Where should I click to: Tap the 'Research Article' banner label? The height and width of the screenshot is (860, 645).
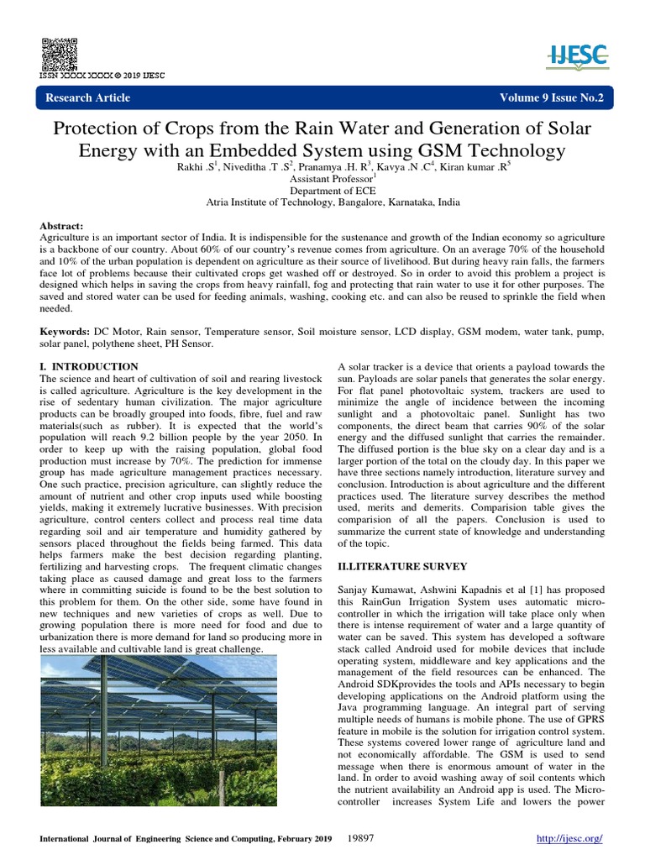(87, 98)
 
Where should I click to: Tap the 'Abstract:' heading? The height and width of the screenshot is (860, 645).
(62, 228)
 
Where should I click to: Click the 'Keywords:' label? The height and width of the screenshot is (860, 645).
(66, 333)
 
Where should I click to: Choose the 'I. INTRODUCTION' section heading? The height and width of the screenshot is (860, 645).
(89, 367)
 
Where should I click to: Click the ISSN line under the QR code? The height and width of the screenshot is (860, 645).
(102, 76)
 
